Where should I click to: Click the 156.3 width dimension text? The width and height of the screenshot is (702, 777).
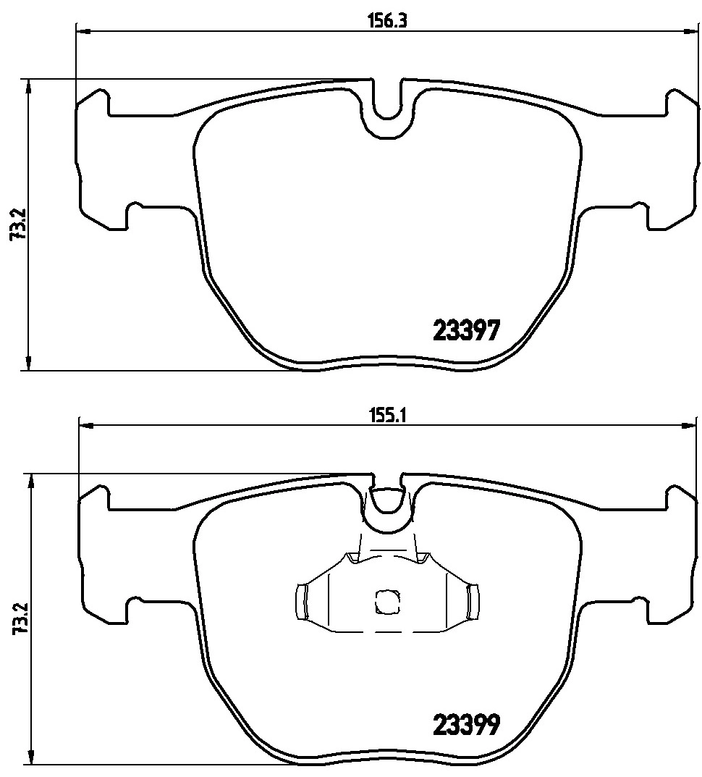pos(389,21)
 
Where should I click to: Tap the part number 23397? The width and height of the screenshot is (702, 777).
pos(466,331)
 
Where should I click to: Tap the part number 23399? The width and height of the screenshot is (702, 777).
pos(466,724)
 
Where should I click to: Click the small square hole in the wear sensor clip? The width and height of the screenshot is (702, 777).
pos(386,601)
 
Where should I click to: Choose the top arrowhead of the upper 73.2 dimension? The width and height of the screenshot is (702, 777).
pos(28,86)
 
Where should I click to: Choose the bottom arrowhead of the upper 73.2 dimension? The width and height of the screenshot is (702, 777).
pos(28,364)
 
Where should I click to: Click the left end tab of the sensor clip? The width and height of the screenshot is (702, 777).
pos(303,601)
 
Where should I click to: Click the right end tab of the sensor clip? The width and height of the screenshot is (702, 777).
pos(473,601)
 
